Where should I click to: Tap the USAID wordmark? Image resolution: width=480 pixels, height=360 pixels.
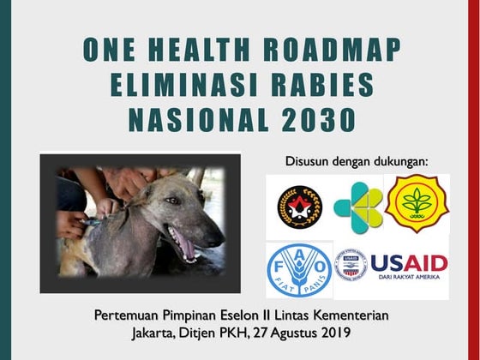click(409, 262)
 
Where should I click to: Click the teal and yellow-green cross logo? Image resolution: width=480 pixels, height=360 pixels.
click(357, 207)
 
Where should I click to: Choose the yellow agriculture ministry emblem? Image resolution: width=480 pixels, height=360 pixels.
click(417, 203)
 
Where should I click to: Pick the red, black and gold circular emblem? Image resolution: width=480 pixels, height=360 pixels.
click(299, 207)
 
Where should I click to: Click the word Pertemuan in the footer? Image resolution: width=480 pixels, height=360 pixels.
click(129, 315)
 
